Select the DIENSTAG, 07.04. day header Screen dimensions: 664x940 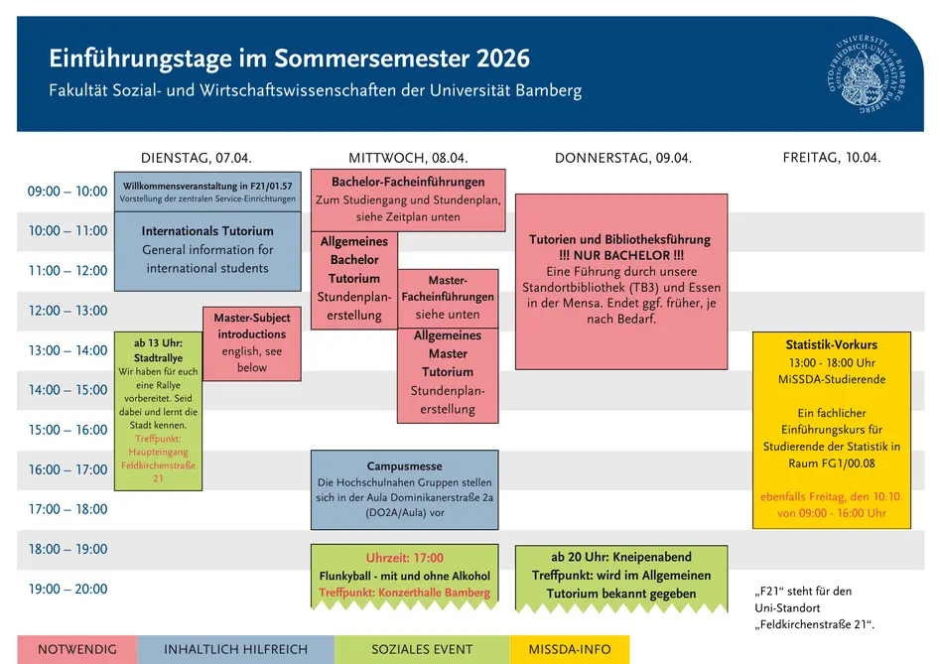pyautogui.click(x=196, y=158)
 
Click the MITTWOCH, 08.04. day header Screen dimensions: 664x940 pyautogui.click(x=407, y=158)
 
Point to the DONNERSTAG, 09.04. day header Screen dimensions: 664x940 pyautogui.click(x=622, y=158)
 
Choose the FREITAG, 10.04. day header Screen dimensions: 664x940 pyautogui.click(x=831, y=158)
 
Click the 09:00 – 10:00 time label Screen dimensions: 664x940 pyautogui.click(x=67, y=192)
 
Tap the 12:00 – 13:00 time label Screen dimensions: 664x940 pyautogui.click(x=67, y=311)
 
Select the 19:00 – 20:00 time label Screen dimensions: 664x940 pyautogui.click(x=67, y=589)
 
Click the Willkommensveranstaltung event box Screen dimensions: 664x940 pyautogui.click(x=207, y=192)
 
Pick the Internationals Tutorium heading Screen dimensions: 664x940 pyautogui.click(x=207, y=231)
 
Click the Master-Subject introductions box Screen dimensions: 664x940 pyautogui.click(x=252, y=343)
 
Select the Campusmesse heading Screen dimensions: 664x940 pyautogui.click(x=404, y=465)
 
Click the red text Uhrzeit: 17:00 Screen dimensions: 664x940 pyautogui.click(x=404, y=558)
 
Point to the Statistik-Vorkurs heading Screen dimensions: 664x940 pyautogui.click(x=831, y=344)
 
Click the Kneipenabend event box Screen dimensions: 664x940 pyautogui.click(x=621, y=576)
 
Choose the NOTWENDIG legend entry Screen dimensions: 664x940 pyautogui.click(x=76, y=650)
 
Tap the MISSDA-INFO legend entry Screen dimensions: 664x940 pyautogui.click(x=569, y=650)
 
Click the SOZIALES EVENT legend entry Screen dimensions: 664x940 pyautogui.click(x=422, y=650)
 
